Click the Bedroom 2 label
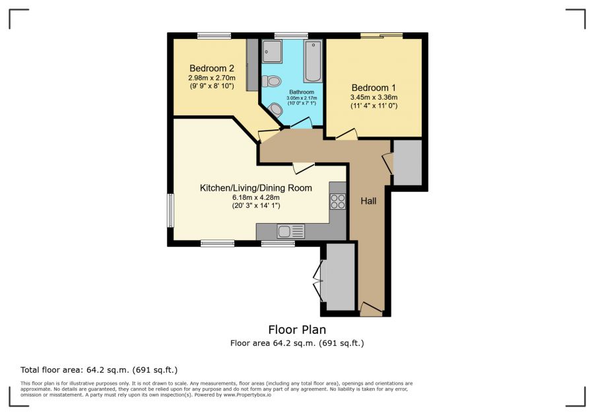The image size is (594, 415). (212, 68)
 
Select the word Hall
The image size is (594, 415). (368, 201)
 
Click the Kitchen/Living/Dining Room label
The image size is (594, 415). (255, 188)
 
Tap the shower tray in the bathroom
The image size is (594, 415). (272, 51)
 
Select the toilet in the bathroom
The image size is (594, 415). (270, 82)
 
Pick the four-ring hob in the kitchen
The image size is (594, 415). (337, 201)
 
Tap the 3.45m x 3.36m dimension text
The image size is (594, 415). (374, 98)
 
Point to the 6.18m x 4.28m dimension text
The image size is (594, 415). (255, 197)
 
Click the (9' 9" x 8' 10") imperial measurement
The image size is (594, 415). (211, 85)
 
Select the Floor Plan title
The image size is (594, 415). (297, 329)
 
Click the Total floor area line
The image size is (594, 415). (99, 369)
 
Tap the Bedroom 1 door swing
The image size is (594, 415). (346, 135)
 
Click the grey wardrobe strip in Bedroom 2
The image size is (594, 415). (251, 65)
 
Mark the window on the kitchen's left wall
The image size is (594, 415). (170, 210)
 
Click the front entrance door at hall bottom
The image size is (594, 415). (371, 309)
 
